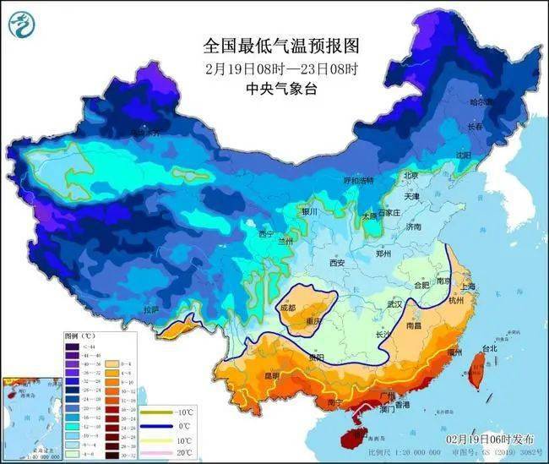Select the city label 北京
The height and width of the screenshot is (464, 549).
coord(411,176)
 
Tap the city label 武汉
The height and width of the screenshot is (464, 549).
coord(394,303)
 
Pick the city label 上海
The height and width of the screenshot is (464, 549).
coord(467,287)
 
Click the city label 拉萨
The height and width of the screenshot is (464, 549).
coord(151,310)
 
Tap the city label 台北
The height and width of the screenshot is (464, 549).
coord(491,348)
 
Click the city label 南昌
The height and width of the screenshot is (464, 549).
coord(414,325)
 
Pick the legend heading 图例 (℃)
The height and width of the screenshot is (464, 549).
coord(79,336)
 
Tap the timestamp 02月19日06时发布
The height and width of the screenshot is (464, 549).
coord(490,440)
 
